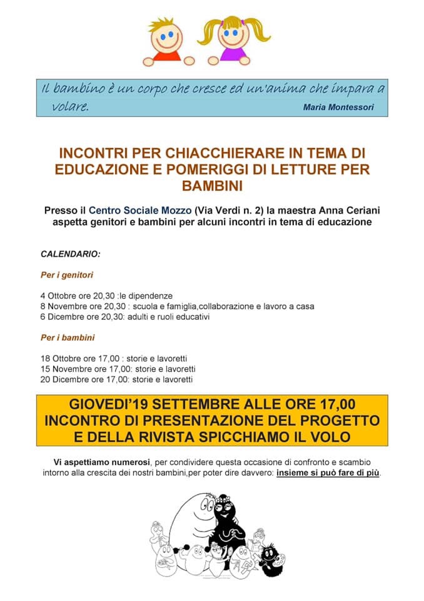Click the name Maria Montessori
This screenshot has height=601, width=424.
(338, 107)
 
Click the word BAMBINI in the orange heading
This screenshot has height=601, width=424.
(212, 186)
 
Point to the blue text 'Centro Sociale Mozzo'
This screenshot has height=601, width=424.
(140, 210)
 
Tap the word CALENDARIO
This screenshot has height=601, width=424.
(70, 255)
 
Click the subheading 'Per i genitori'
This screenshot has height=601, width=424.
(68, 275)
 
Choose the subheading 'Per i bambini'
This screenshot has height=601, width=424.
(68, 337)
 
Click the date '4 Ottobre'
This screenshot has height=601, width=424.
(60, 295)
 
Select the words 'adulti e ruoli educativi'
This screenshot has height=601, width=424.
(169, 317)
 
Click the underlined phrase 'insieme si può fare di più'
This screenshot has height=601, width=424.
(328, 473)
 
